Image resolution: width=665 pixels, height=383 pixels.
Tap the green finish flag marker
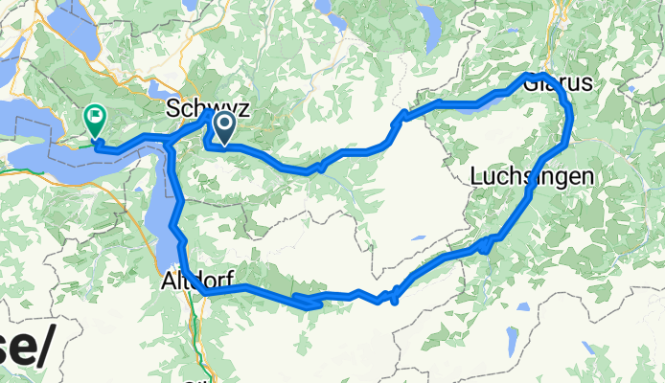click(x=96, y=120)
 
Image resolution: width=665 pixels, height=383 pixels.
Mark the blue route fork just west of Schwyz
click(x=170, y=142)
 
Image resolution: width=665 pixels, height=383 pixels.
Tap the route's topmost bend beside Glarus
click(x=542, y=75)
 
